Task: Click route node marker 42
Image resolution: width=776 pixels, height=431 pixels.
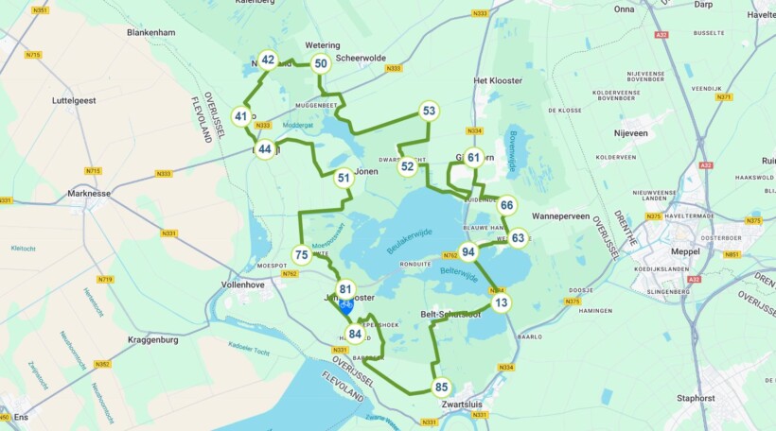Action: tap(268, 60)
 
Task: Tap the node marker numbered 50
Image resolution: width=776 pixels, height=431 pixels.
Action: tap(321, 63)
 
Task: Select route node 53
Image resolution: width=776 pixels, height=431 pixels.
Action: tap(429, 111)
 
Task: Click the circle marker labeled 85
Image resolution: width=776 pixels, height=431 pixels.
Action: tap(441, 387)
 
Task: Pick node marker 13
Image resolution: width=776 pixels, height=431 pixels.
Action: tap(501, 302)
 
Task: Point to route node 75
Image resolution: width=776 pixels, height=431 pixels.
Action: tap(301, 254)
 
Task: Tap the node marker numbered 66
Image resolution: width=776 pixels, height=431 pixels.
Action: tap(507, 205)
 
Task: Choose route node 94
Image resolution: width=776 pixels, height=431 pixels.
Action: tap(468, 251)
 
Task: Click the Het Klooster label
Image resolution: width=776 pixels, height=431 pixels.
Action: tap(498, 80)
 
